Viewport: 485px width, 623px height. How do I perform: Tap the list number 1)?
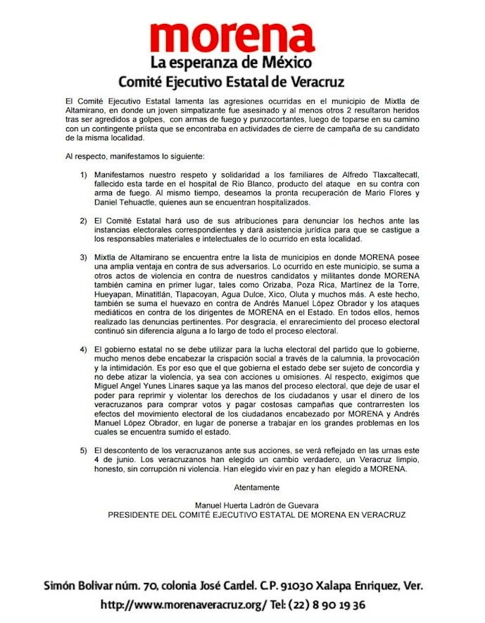(84, 174)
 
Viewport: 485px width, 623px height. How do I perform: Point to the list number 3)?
(84, 258)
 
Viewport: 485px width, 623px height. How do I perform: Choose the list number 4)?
(84, 349)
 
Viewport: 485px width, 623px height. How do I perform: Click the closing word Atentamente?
(256, 487)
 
